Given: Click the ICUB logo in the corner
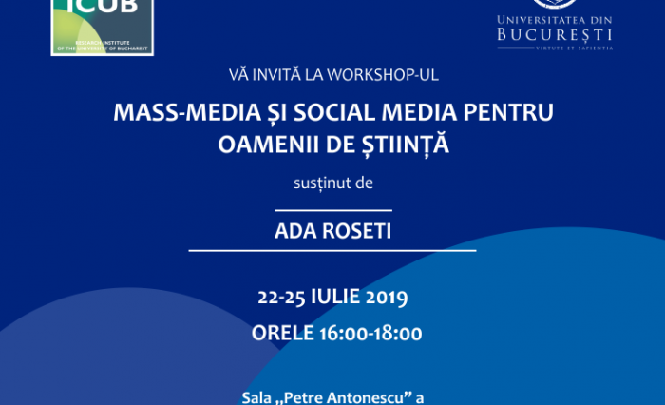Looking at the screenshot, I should coord(102,26).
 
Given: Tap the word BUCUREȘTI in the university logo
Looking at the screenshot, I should coord(555,35).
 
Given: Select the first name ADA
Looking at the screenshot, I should coord(294,230).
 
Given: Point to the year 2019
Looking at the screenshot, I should coord(385,298).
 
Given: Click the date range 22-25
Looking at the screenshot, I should coord(279,298).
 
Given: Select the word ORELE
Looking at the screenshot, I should coord(282,333).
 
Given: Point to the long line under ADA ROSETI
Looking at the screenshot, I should coord(332,251).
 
